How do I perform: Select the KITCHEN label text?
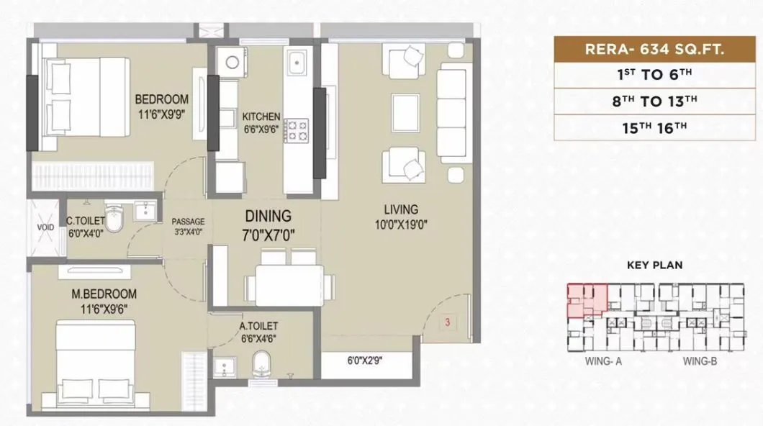coord(261,123)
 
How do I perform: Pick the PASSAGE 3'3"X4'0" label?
coord(189,227)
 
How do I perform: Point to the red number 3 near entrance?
coord(447,322)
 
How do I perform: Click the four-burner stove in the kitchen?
coord(296,130)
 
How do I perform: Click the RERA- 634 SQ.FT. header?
coord(654,50)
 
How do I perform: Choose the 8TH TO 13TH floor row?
coord(654,101)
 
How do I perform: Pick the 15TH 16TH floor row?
coord(654,127)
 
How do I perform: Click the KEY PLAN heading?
coord(654,266)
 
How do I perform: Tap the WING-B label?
coord(700,361)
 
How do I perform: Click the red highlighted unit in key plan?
coord(586,300)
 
